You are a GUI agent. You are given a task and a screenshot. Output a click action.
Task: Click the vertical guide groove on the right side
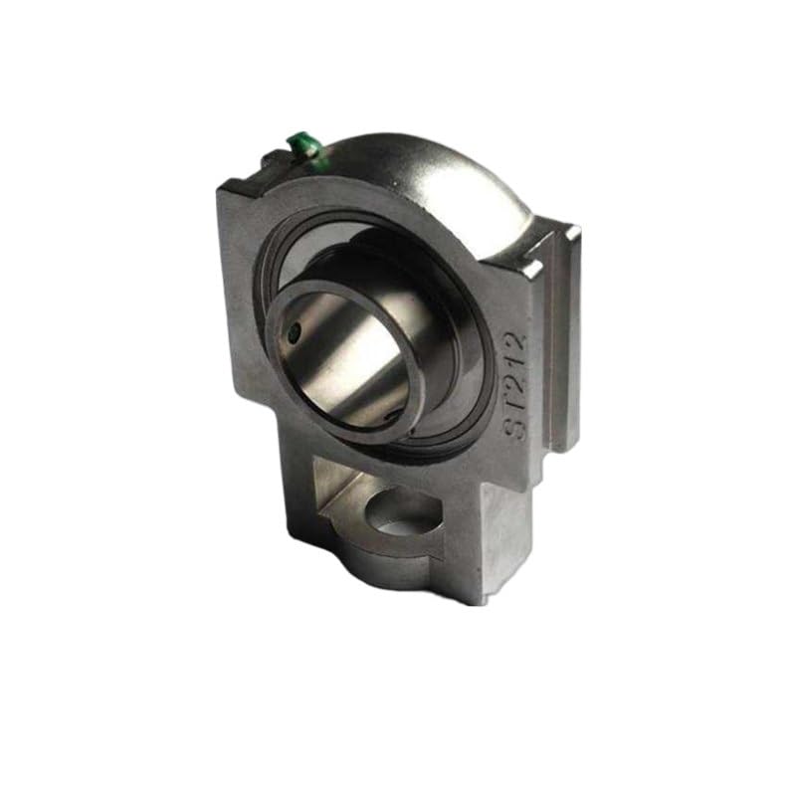(x=553, y=338)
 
